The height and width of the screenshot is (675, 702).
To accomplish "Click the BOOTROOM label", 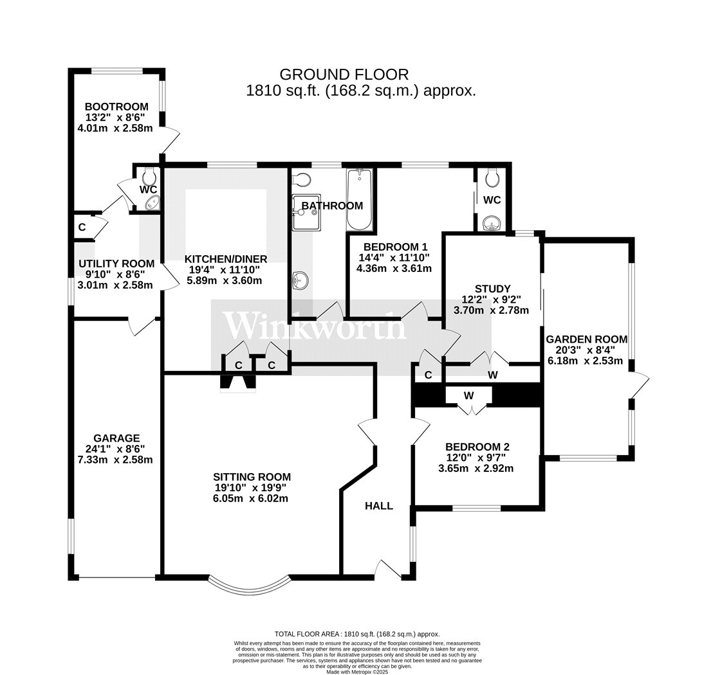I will point(116,107).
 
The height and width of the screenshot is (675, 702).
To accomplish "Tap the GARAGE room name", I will point(115,438).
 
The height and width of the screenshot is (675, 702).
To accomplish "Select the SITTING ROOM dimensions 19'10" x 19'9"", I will point(252,488).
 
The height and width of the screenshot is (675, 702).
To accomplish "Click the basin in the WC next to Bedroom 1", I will point(492,224).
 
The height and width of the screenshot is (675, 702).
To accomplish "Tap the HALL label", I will point(379,506).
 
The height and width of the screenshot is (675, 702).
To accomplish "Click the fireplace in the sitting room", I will point(237,382).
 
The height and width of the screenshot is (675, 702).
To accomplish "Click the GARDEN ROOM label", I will point(586,339).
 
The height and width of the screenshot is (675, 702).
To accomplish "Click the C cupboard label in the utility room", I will point(82,227).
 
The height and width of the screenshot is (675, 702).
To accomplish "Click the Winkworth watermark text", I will point(315,327).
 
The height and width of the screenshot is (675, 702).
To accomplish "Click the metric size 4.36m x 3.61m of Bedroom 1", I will point(394,268).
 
